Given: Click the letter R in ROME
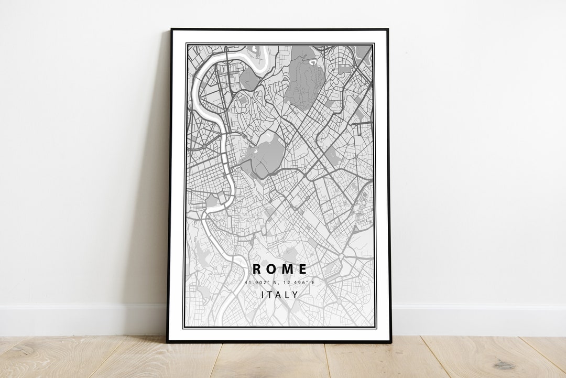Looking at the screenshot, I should tap(257, 269).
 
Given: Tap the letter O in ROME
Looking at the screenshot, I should tap(272, 269).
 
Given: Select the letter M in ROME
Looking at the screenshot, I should tap(287, 269).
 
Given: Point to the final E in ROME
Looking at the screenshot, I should tap(302, 269).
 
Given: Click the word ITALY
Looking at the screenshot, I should tap(280, 295).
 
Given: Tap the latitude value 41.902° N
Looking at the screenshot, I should tap(261, 283).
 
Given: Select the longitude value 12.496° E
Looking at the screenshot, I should tap(299, 283).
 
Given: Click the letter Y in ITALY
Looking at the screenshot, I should tap(296, 295).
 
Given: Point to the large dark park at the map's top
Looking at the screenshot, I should tap(306, 79).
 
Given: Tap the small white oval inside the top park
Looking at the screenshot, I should tap(313, 61).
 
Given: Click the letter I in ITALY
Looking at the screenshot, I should tap(263, 295).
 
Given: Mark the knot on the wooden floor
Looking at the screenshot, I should tap(505, 364).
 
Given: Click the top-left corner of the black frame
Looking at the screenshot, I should tap(171, 29).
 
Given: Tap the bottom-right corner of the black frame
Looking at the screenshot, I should tap(390, 342).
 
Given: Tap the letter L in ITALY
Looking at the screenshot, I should tap(288, 295).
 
